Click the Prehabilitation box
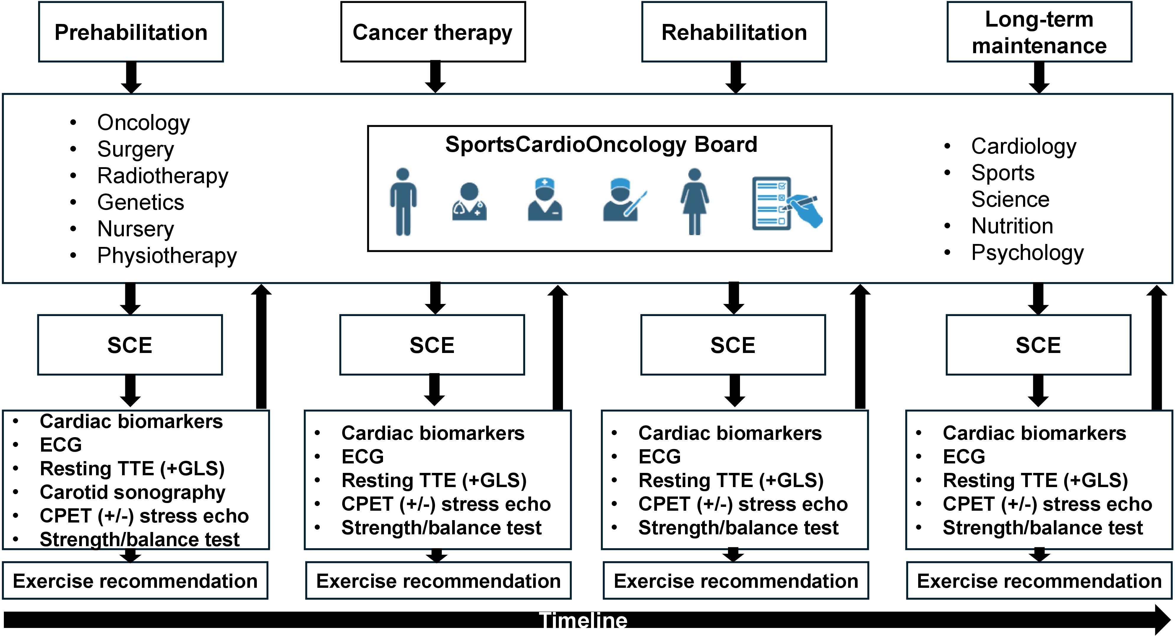131,32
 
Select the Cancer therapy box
433,32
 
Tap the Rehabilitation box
734,32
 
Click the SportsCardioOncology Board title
601,144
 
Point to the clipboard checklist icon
786,204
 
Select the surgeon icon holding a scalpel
623,201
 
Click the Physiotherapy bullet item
167,255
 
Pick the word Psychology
1027,253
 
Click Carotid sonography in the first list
132,492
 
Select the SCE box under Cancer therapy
432,345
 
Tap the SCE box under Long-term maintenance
1038,345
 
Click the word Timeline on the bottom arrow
583,621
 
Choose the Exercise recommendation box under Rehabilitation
736,580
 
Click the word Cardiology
1024,147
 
